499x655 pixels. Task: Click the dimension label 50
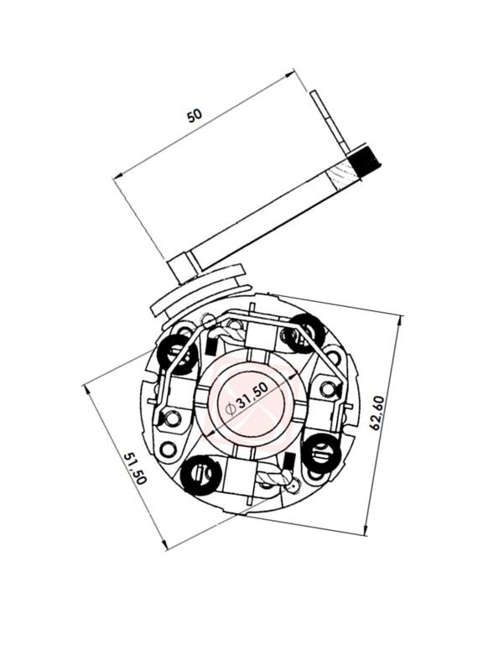pos(195,115)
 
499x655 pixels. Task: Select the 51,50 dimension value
pos(134,468)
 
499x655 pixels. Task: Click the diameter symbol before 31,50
pos(230,409)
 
